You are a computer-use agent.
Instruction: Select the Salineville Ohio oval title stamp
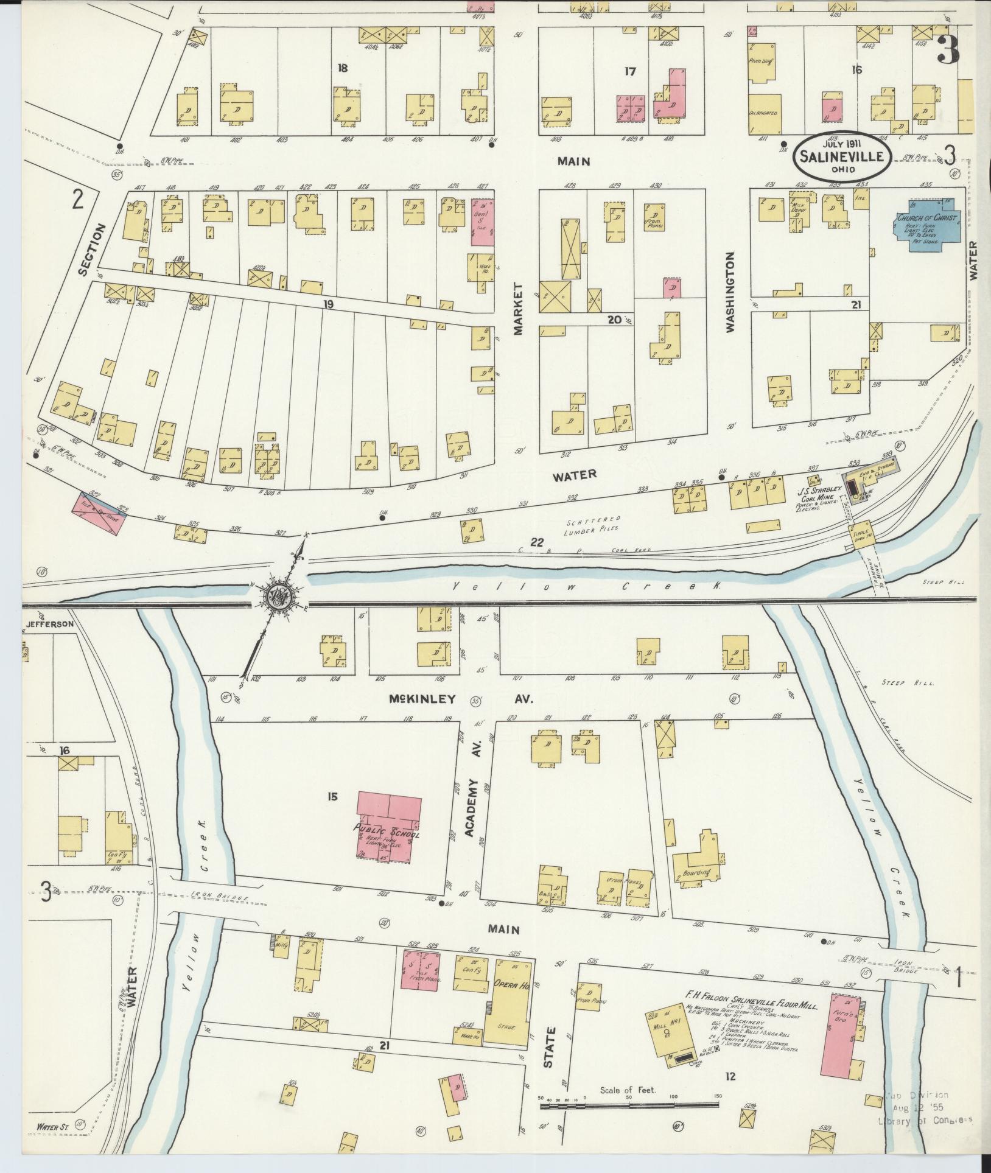tap(842, 156)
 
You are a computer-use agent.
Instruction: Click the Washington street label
tap(730, 292)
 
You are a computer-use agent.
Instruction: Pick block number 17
tap(629, 71)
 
